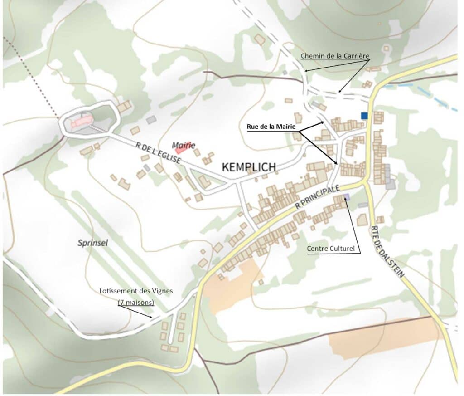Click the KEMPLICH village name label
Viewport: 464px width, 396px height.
point(249,167)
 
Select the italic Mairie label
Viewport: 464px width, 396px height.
point(184,145)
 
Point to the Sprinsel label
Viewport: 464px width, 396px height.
point(93,243)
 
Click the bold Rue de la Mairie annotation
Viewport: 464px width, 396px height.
point(271,127)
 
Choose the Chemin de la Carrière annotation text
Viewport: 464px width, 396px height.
point(335,56)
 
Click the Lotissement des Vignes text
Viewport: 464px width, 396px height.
point(136,291)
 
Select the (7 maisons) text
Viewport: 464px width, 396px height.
point(136,302)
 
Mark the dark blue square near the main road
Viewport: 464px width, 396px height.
point(364,115)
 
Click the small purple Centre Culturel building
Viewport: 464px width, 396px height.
point(347,196)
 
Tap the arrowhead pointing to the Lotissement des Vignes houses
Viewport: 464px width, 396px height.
point(151,316)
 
